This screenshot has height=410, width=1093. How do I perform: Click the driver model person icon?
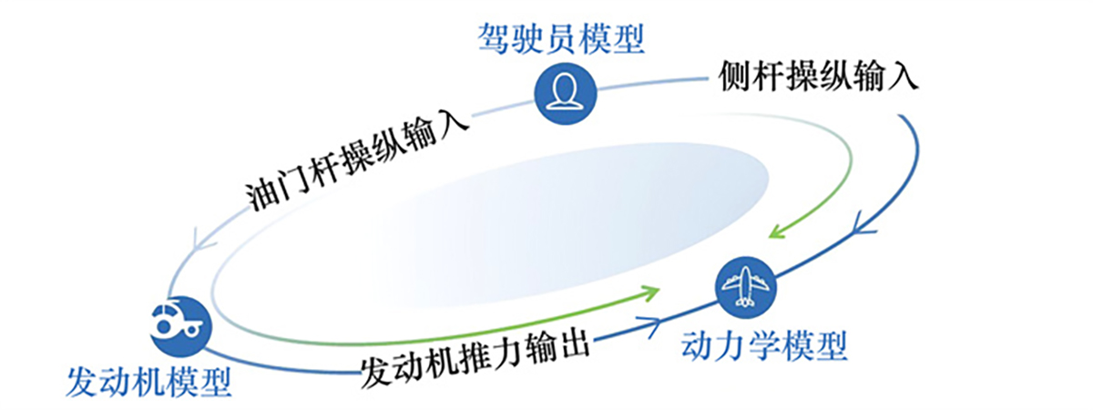tap(566, 93)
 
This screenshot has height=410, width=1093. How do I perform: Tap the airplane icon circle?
tap(745, 288)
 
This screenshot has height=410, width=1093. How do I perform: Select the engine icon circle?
tap(181, 326)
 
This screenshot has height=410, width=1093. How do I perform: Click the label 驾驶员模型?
tap(561, 38)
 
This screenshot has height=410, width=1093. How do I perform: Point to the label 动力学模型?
tap(764, 345)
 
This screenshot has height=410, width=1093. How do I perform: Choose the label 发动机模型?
tap(148, 382)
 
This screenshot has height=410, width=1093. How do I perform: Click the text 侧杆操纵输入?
tap(818, 77)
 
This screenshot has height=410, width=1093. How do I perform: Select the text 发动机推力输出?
tap(475, 360)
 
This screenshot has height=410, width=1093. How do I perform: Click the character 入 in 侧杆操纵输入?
tap(903, 77)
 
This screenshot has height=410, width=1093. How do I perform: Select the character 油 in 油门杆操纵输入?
tap(261, 196)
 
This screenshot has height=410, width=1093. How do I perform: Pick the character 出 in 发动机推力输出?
tap(575, 346)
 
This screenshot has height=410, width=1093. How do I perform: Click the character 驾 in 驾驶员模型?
tap(494, 38)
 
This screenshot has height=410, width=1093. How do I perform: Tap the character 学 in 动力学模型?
tap(764, 345)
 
